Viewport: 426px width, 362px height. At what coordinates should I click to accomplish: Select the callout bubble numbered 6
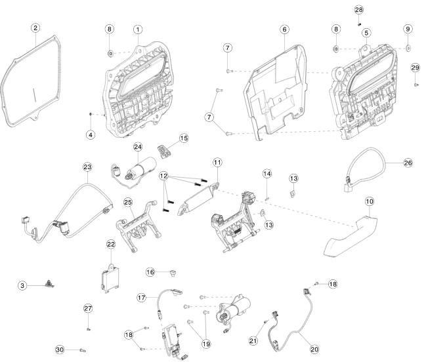[x=284, y=30]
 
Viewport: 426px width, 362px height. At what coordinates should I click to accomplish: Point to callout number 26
[x=408, y=163]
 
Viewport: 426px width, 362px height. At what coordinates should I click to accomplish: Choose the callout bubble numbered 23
[x=87, y=167]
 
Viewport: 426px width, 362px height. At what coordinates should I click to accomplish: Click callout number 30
[x=60, y=350]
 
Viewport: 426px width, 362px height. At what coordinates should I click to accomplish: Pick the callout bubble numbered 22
[x=111, y=244]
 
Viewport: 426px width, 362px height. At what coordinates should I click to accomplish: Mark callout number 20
[x=314, y=350]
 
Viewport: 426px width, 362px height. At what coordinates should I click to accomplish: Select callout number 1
[x=138, y=30]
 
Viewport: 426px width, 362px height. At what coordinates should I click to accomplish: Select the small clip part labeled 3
[x=49, y=283]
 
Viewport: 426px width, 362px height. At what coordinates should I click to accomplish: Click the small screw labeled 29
[x=416, y=83]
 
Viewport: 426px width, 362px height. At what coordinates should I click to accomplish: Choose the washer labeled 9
[x=408, y=48]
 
